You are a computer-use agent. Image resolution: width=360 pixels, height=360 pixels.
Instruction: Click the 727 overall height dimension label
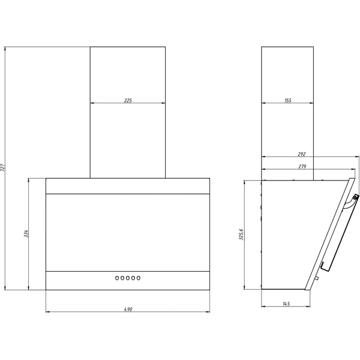point(3,168)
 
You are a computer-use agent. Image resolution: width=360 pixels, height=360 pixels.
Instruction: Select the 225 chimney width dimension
point(128,100)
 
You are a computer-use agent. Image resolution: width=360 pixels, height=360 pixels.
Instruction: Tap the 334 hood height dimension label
point(26,233)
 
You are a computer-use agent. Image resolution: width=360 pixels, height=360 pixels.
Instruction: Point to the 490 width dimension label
point(128,309)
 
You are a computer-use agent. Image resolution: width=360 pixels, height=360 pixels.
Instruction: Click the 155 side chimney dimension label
point(288,100)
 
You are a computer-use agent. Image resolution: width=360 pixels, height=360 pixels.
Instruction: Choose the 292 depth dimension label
point(302,154)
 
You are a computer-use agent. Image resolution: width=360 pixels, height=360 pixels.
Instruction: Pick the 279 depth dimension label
point(302,166)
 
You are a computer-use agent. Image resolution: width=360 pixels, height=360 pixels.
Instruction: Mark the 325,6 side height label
point(241,235)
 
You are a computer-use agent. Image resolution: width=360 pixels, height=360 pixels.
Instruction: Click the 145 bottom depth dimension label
point(286,304)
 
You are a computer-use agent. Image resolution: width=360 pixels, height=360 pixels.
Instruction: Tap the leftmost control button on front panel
point(117,278)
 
